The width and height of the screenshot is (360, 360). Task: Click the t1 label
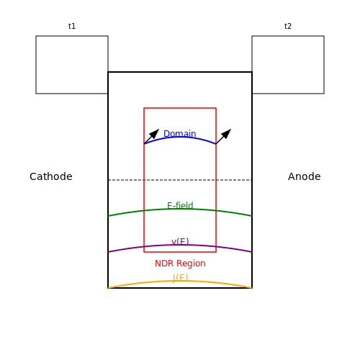click(72, 26)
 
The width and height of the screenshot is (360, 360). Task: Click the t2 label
click(288, 26)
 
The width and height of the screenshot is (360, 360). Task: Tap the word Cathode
click(51, 176)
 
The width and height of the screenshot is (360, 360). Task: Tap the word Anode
click(305, 176)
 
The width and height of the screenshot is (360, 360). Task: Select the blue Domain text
click(180, 134)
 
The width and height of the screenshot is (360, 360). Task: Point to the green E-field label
click(180, 205)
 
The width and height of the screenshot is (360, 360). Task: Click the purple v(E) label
click(180, 241)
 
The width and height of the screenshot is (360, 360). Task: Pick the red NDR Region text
click(180, 264)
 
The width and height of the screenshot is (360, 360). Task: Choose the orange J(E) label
click(180, 278)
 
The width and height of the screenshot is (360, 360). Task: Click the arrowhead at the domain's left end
click(155, 133)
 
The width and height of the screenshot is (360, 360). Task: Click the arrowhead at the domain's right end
click(227, 133)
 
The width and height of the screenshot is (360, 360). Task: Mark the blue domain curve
click(180, 137)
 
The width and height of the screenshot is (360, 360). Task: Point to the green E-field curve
click(180, 209)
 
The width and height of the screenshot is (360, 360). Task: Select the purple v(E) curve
click(180, 245)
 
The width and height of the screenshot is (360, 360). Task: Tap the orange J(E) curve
click(180, 281)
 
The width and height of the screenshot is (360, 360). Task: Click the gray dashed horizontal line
click(180, 180)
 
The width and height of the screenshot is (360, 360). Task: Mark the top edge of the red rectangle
click(180, 108)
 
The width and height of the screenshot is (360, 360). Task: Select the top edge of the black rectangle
click(180, 72)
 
